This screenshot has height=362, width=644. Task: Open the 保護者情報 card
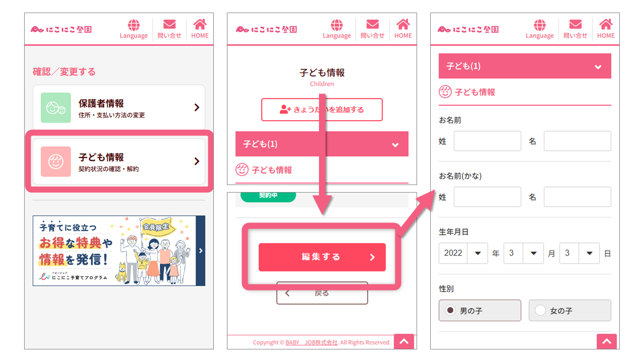tap(119, 108)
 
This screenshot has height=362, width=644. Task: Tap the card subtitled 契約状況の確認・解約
tap(119, 161)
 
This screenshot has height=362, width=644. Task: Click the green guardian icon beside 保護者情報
tap(56, 108)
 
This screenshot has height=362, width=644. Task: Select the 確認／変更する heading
tap(64, 72)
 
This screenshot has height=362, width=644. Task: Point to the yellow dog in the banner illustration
tap(122, 273)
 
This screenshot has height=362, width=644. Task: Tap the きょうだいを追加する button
tap(321, 110)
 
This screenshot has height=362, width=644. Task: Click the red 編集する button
tap(322, 257)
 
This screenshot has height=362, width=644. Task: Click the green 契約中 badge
tap(268, 196)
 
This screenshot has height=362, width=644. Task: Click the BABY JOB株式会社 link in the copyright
tap(311, 342)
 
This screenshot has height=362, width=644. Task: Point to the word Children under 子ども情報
tap(321, 84)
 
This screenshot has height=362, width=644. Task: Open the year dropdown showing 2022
tap(463, 253)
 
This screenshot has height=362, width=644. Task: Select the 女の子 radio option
tap(540, 311)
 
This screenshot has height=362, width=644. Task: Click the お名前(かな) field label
tap(460, 176)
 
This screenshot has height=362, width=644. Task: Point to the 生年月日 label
tap(454, 232)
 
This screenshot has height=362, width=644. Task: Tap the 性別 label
tap(446, 289)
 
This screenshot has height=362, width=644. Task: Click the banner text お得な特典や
tap(76, 243)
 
